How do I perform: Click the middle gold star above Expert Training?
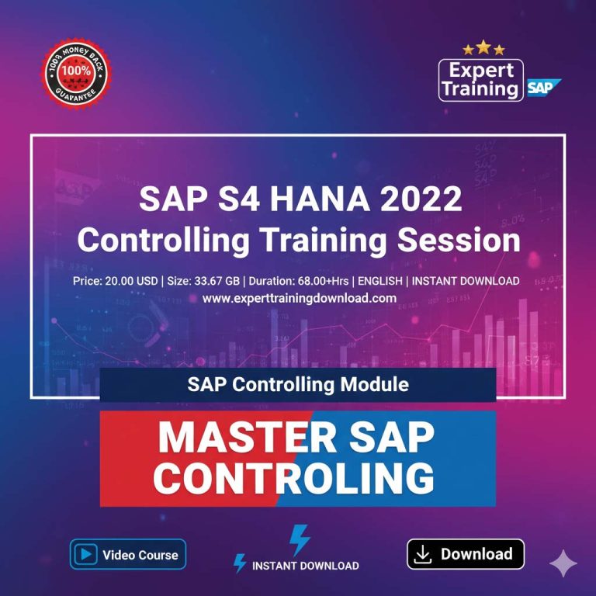click(x=483, y=47)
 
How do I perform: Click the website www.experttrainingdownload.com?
click(x=299, y=298)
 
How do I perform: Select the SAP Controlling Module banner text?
click(x=298, y=384)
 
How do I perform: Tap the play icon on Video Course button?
click(x=85, y=554)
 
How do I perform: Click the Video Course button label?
click(x=140, y=555)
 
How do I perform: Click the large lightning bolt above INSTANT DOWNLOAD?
click(x=299, y=539)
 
